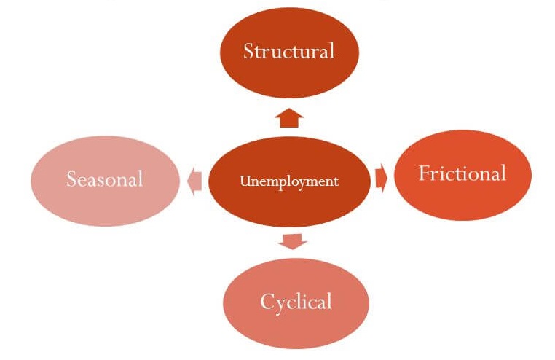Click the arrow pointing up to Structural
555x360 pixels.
[290, 117]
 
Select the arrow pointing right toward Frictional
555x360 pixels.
[382, 179]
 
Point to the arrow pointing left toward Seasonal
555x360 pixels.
[194, 180]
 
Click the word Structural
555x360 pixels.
[289, 51]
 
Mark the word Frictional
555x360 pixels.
[462, 173]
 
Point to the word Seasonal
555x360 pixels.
[105, 179]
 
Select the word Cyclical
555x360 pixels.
[296, 300]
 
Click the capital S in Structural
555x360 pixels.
[248, 52]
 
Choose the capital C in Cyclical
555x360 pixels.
[267, 300]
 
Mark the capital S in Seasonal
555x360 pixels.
[71, 179]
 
